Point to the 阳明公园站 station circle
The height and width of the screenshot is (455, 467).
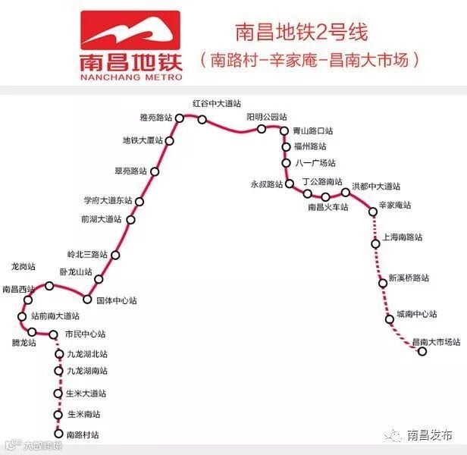click(x=262, y=129)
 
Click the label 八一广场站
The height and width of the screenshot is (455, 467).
click(x=315, y=163)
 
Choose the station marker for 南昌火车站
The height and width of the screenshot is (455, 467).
click(x=325, y=197)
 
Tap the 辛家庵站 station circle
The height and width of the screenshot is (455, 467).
click(x=373, y=212)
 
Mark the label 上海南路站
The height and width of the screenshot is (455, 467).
click(x=403, y=237)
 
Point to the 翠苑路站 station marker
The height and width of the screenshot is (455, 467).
click(x=155, y=171)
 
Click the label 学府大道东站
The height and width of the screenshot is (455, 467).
click(x=108, y=200)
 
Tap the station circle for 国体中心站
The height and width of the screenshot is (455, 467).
click(x=88, y=300)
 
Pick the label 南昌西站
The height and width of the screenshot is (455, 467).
click(x=19, y=289)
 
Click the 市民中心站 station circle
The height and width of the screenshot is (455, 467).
click(x=54, y=334)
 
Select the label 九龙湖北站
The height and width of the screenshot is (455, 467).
click(x=87, y=354)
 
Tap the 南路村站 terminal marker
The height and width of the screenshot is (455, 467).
click(x=58, y=435)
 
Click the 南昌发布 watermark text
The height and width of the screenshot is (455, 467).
click(x=430, y=435)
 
